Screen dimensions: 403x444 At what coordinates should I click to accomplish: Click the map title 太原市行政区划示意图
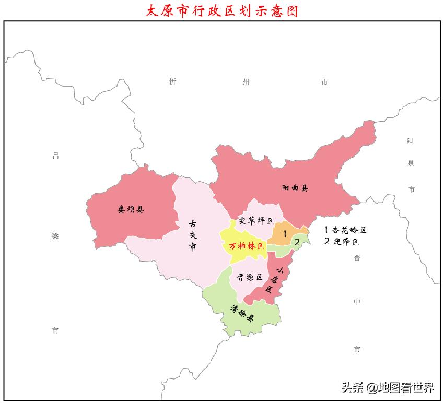coord(222,10)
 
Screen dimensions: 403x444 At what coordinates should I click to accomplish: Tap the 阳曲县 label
coord(295,188)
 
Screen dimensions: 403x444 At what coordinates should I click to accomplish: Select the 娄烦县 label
coord(131,210)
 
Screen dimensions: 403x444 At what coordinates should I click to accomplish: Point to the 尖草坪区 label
coord(256,221)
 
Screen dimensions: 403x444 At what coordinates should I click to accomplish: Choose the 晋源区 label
coord(250,277)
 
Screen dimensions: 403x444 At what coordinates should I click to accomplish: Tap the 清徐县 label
coord(242,313)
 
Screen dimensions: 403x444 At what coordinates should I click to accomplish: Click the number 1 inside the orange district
coord(285,234)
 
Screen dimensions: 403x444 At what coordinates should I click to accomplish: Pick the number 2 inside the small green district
coord(297,242)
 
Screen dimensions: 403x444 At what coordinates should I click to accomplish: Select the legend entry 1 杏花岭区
coord(345,230)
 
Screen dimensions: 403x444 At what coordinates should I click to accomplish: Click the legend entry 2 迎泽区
coord(342,241)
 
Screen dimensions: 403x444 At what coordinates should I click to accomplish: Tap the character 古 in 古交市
coord(193,223)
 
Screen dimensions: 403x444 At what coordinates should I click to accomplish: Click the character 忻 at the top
coord(173,81)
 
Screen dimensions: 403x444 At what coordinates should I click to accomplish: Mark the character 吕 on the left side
coord(56,155)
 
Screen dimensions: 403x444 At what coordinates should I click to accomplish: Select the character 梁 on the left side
coord(55,236)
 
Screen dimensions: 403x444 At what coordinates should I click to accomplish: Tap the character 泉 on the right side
coord(411,163)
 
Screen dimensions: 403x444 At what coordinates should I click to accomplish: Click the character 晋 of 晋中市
coord(357,258)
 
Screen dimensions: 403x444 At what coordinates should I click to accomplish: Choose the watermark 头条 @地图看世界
coord(387,387)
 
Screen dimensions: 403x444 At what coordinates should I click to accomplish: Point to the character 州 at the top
coord(247,82)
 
